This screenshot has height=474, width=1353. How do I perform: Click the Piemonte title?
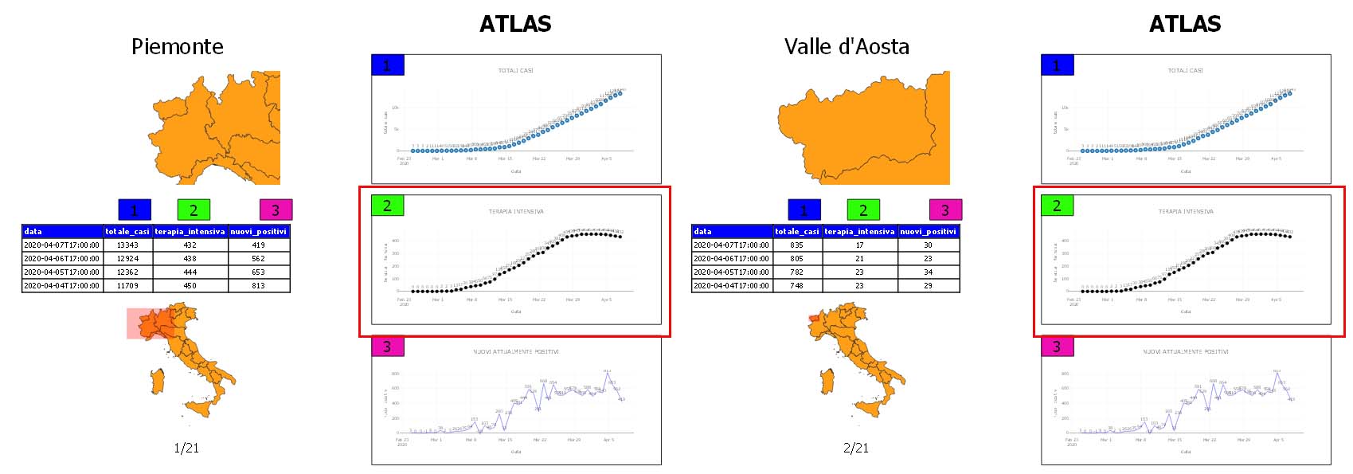(177, 46)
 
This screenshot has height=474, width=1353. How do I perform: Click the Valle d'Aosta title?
(847, 46)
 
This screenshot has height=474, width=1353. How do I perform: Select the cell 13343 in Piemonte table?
(127, 245)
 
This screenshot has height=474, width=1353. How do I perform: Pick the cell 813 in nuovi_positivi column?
(258, 285)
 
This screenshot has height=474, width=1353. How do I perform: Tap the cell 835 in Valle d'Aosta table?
(796, 245)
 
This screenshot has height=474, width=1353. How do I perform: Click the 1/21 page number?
(186, 448)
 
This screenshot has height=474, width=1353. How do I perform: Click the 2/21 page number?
(856, 448)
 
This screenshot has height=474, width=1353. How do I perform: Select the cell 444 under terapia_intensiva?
(190, 272)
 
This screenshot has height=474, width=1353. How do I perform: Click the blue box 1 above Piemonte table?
(134, 210)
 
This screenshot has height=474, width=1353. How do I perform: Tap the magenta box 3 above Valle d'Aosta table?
(945, 210)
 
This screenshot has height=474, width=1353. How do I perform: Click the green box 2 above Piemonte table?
(194, 210)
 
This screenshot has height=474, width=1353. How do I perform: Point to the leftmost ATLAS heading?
(515, 24)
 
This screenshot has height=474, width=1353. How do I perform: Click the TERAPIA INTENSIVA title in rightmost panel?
(1186, 212)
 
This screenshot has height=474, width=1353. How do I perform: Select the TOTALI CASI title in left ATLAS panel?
(516, 71)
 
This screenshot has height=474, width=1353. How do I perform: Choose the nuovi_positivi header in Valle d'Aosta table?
(928, 231)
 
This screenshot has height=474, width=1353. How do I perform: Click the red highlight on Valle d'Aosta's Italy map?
(814, 318)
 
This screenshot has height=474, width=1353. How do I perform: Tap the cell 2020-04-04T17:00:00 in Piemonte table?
(62, 285)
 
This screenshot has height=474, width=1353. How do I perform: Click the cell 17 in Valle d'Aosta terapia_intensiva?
(859, 245)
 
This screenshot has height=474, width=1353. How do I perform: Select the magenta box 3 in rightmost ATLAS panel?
(1057, 347)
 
